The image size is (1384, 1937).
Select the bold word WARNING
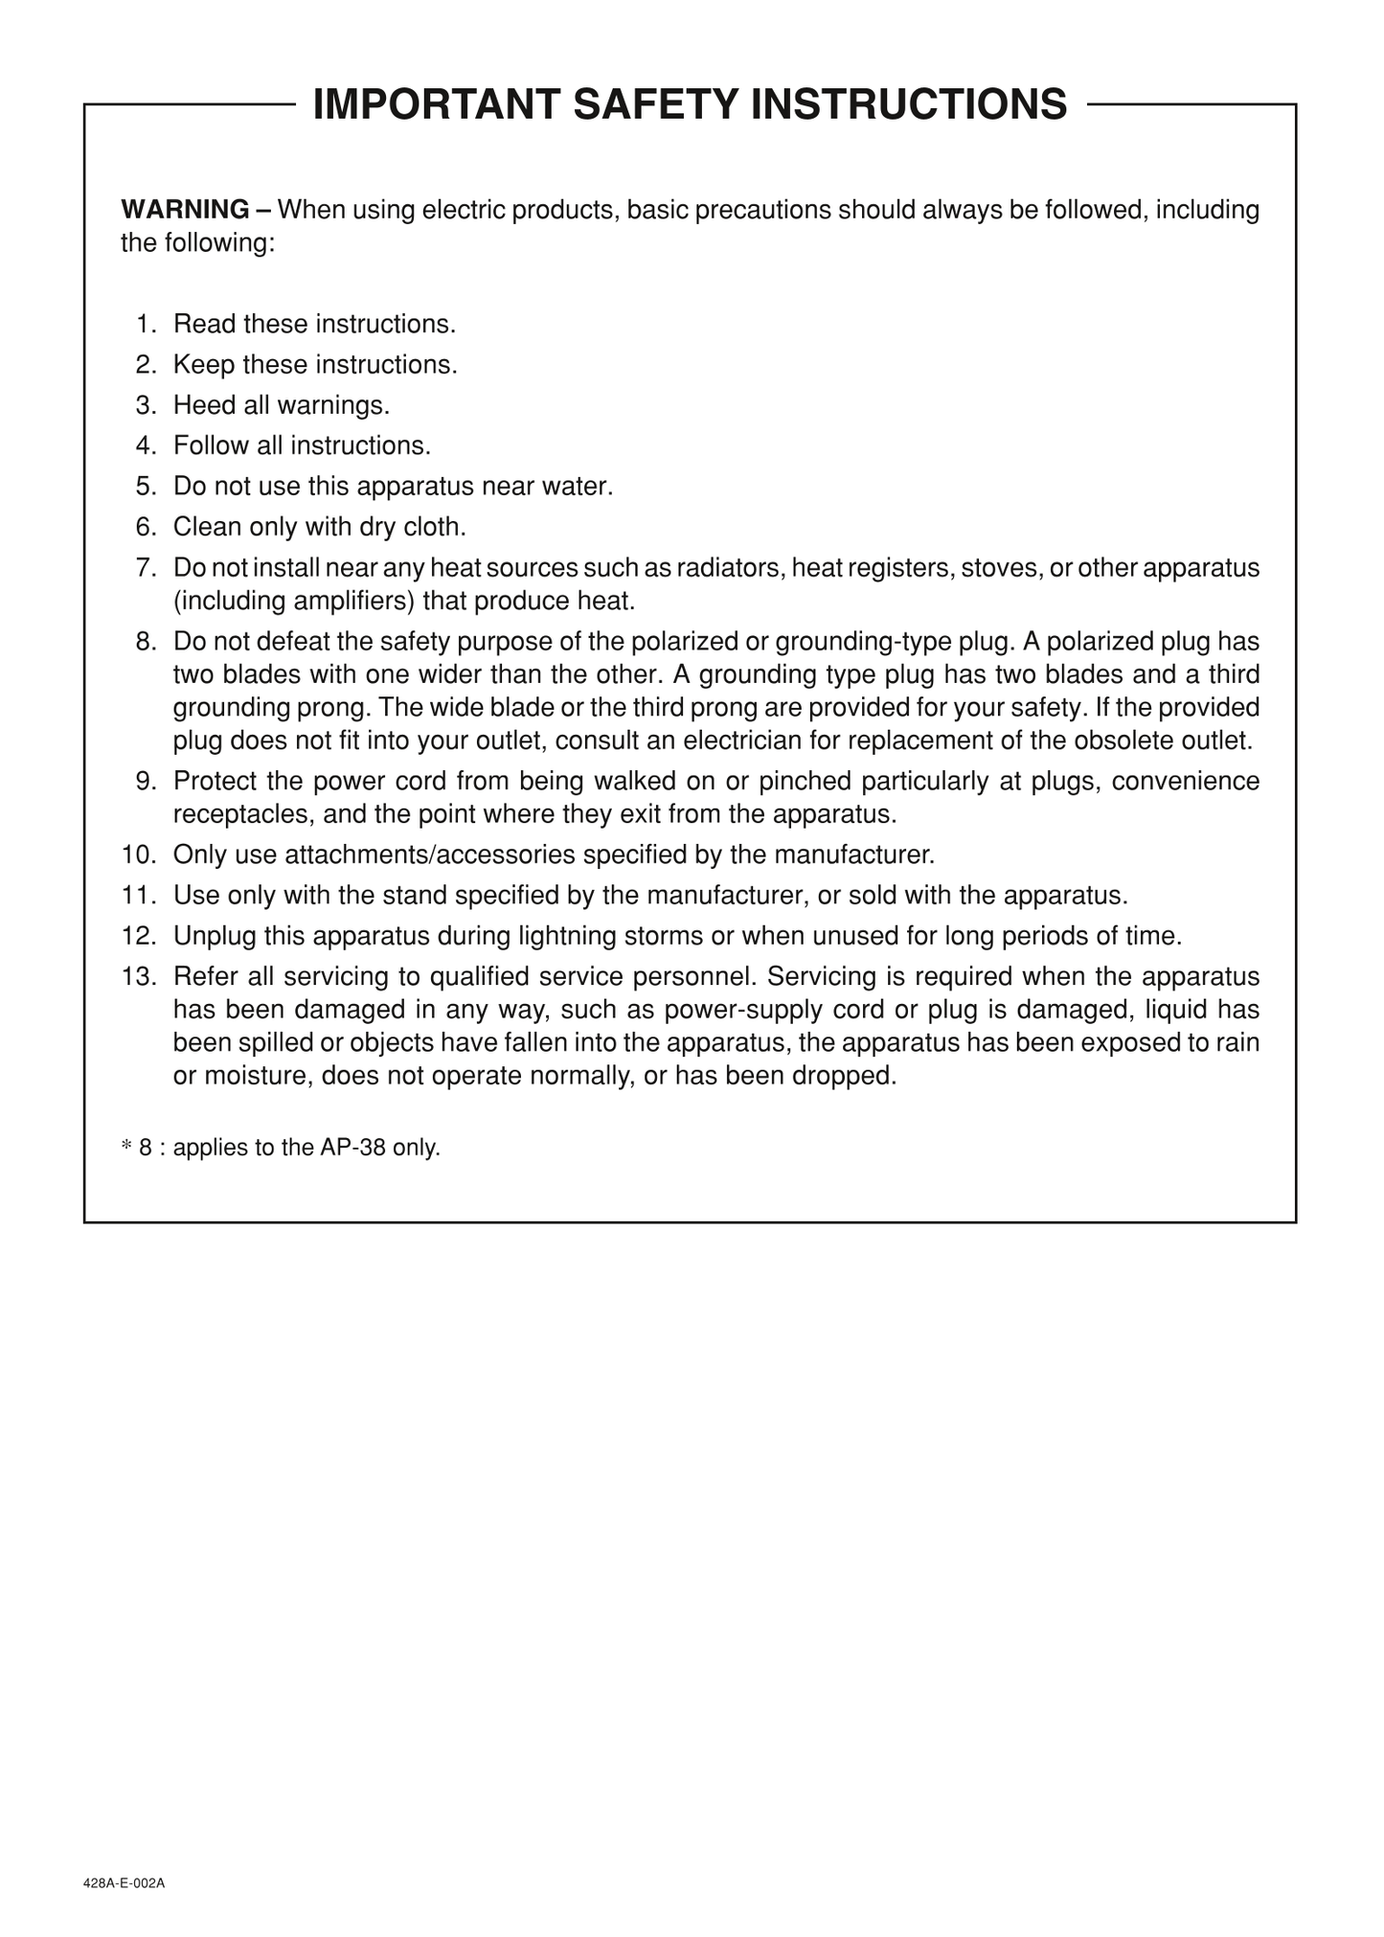(185, 210)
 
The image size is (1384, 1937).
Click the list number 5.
(145, 487)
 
